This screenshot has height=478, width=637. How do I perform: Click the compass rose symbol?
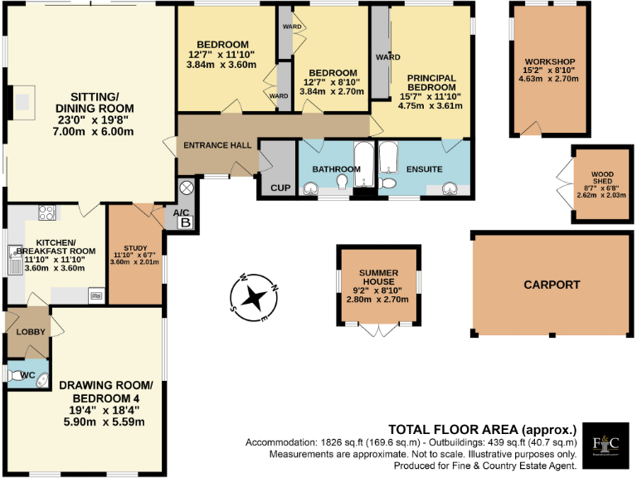tap(255, 296)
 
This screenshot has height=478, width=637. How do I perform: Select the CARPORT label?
tap(552, 285)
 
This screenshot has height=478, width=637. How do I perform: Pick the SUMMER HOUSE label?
tap(379, 278)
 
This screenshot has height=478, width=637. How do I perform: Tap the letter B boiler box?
tap(186, 222)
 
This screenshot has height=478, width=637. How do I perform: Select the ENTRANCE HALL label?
tap(217, 145)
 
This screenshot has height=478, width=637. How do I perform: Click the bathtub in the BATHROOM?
tap(363, 166)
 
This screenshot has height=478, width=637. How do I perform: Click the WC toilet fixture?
tap(19, 376)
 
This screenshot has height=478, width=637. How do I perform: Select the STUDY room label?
tap(135, 247)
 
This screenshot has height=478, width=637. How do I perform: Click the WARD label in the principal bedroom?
tap(388, 57)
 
